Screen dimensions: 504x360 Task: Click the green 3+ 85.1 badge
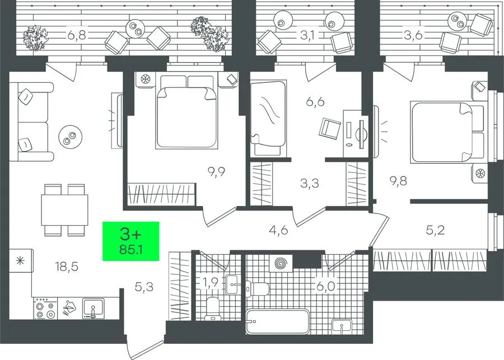[131, 241]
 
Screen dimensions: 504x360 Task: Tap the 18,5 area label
[67, 267]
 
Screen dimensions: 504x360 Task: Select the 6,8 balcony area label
[77, 35]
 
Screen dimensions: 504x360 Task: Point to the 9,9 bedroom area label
[216, 172]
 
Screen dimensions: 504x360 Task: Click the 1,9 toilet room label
[211, 283]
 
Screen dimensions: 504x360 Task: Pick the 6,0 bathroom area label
[326, 287]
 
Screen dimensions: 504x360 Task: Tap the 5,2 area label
[436, 231]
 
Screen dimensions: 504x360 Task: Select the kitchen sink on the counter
[93, 308]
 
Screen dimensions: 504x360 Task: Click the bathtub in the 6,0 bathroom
[277, 322]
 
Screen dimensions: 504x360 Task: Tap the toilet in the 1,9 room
[213, 308]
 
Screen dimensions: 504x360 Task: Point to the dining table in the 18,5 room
[64, 210]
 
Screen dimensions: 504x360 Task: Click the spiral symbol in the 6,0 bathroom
[281, 264]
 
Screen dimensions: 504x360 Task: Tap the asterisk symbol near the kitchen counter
[20, 261]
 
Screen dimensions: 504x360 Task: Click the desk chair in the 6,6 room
[329, 128]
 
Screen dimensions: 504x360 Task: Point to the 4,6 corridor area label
[278, 231]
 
